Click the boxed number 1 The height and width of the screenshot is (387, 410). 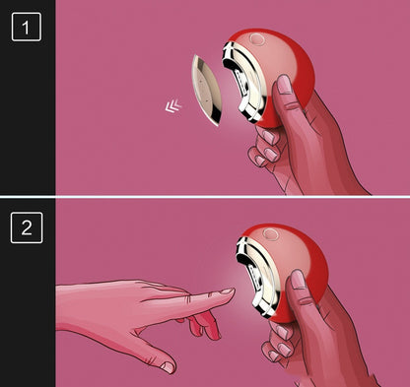point(27,28)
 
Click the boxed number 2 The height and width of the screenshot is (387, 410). point(27,227)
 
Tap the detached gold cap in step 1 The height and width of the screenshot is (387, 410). point(206,91)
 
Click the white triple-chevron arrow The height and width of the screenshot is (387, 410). point(173,105)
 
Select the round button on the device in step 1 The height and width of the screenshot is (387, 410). point(256,39)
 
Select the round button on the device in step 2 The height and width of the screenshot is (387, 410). point(271,234)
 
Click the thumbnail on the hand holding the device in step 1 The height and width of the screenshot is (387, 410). point(285,85)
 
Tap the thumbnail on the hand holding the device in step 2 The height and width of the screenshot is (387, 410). point(299,280)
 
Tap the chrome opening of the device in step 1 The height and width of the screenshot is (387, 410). point(243,83)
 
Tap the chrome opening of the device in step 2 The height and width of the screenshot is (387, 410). point(259,278)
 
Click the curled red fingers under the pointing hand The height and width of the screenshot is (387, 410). point(205,324)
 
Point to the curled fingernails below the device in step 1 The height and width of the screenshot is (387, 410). point(267,147)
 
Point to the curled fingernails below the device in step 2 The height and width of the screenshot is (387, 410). point(280,342)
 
